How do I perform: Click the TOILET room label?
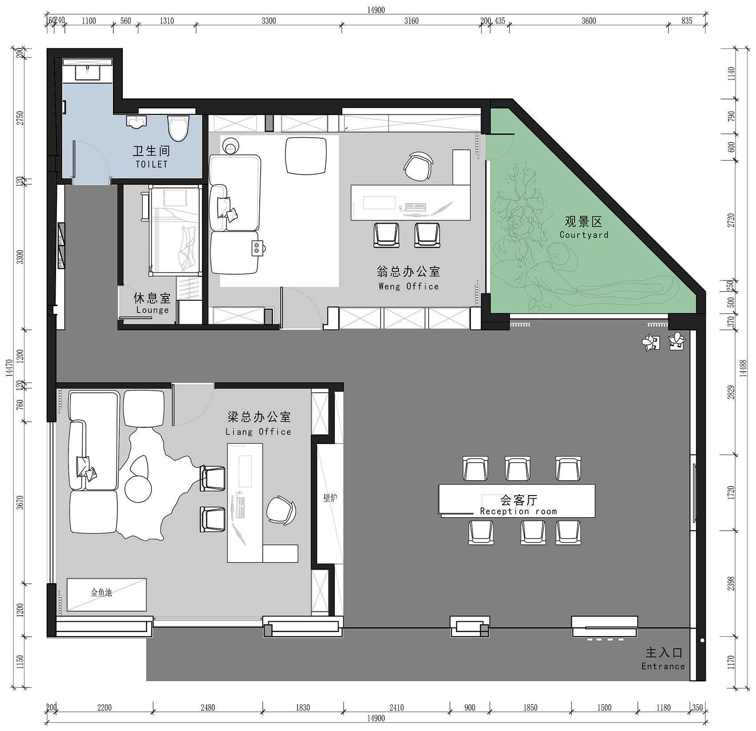[x=152, y=164]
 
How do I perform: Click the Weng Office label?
[x=409, y=287]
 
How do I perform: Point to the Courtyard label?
[x=584, y=235]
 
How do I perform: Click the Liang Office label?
[x=258, y=431]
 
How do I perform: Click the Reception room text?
[x=518, y=511]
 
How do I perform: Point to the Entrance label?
[x=663, y=666]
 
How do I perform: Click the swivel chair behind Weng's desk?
[x=418, y=166]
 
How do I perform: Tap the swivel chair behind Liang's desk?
[x=281, y=510]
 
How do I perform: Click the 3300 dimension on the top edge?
[x=269, y=20]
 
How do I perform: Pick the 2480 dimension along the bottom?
[x=208, y=707]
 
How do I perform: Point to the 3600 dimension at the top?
[x=589, y=20]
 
